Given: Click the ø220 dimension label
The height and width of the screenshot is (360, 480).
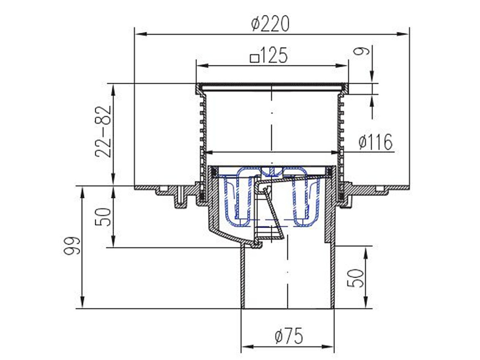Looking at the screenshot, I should pos(271,24).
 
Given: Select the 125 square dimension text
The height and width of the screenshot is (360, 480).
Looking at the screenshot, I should pos(270,56).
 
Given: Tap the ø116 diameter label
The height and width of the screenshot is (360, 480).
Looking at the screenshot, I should pos(375,142).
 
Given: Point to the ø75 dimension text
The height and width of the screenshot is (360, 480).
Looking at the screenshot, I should pos(289,337).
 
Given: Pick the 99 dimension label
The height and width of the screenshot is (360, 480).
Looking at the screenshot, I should pos(71,246).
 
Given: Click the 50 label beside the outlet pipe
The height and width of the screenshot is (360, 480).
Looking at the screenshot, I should pos(356,278).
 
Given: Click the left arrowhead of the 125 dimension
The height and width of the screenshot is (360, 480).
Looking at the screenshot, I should pos(201,66).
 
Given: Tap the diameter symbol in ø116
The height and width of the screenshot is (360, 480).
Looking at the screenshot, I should pos(363,142).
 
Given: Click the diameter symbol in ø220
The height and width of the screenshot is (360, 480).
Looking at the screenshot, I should pos(256,24).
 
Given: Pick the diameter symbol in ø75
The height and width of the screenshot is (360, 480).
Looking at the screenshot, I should pos(279,337).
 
